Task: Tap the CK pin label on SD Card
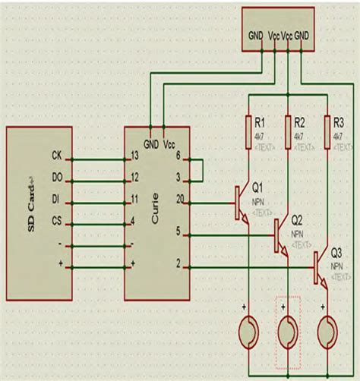(x=56, y=156)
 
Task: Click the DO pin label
(x=56, y=178)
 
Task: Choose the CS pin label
(x=56, y=221)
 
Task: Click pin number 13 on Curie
(x=135, y=156)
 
